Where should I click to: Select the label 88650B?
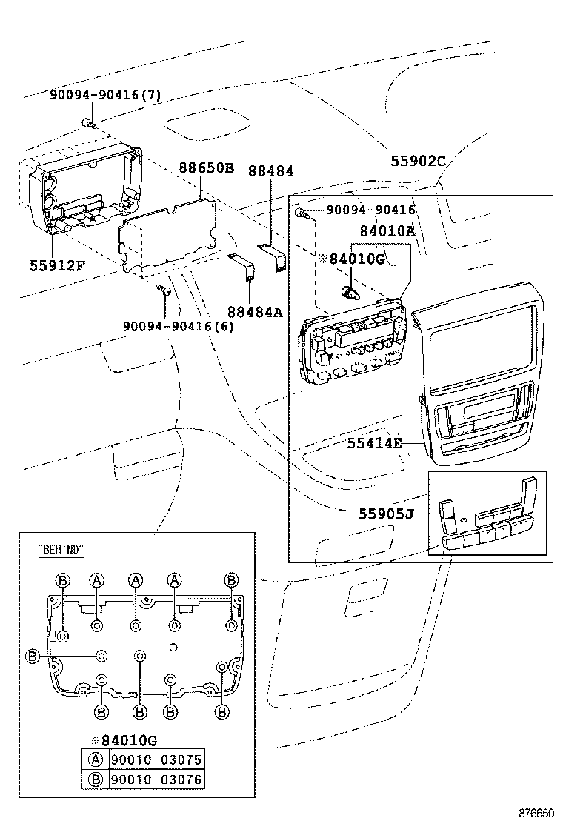pyautogui.click(x=206, y=168)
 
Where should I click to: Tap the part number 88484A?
pyautogui.click(x=256, y=312)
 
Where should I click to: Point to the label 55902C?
pyautogui.click(x=419, y=159)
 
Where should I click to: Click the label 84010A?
pyautogui.click(x=387, y=230)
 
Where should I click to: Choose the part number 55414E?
pyautogui.click(x=374, y=443)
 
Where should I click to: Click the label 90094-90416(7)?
pyautogui.click(x=105, y=95)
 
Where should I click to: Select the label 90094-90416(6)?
pyautogui.click(x=178, y=326)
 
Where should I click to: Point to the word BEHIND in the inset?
pyautogui.click(x=61, y=549)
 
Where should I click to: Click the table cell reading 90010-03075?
pyautogui.click(x=156, y=760)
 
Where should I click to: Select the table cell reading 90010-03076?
pyautogui.click(x=156, y=780)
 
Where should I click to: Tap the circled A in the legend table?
pyautogui.click(x=96, y=760)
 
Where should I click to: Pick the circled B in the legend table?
pyautogui.click(x=96, y=780)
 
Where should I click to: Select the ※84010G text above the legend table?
pyautogui.click(x=124, y=740)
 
